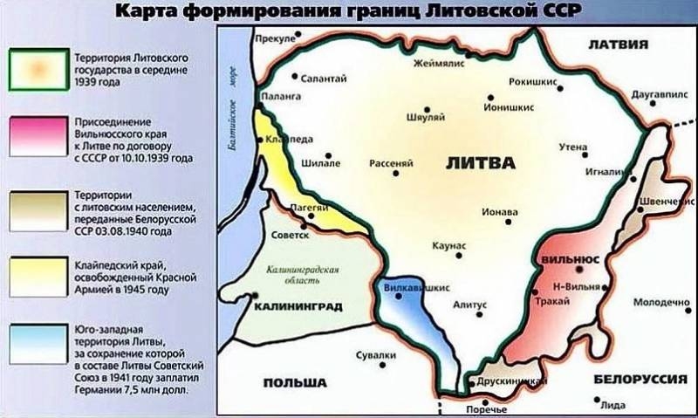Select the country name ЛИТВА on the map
click(481, 163)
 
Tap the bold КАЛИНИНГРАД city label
click(296, 306)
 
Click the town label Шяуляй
click(427, 117)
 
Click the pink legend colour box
click(35, 137)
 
